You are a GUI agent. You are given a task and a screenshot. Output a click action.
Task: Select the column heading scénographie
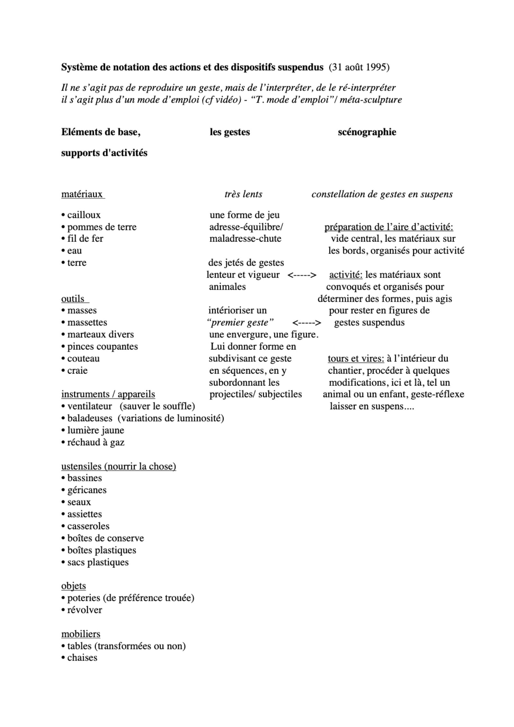[367, 132]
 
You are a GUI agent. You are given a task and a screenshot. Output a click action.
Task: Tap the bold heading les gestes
[230, 132]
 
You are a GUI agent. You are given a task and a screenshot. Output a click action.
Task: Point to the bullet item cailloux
[84, 215]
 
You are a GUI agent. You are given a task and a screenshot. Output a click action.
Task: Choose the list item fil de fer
[85, 239]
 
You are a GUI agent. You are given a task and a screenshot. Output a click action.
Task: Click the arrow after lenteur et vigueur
[302, 275]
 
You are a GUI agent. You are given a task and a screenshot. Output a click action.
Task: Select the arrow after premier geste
[307, 323]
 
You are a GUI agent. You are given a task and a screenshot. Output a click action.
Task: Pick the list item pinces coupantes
[102, 347]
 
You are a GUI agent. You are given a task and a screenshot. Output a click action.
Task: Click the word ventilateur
[90, 406]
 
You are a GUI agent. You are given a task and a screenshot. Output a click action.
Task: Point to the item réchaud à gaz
[95, 442]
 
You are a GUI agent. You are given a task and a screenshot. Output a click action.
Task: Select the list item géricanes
[87, 490]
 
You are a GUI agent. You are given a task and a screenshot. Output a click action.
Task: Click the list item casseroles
[88, 526]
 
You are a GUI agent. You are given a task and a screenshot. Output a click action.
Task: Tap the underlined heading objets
[74, 586]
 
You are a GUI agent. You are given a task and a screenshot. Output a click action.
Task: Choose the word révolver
[84, 610]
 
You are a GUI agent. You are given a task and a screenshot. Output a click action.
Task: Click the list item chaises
[82, 658]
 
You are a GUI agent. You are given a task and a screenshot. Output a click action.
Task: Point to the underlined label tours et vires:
[356, 359]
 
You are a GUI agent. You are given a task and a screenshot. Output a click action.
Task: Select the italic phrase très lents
[244, 194]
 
